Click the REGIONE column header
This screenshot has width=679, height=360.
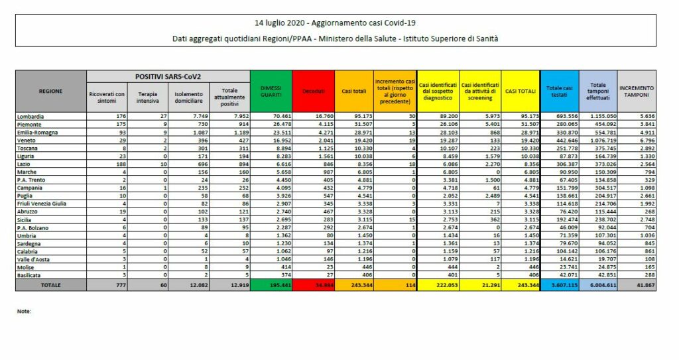(x=51, y=91)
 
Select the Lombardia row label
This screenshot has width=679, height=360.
(x=31, y=116)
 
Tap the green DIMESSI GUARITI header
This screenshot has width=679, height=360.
(x=271, y=91)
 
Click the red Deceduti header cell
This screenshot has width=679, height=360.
(x=312, y=91)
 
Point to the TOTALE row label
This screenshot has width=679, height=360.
(x=51, y=285)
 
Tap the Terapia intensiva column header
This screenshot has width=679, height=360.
(x=147, y=97)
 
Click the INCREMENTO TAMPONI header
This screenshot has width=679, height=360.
(x=636, y=91)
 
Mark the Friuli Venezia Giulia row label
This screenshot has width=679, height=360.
(x=42, y=203)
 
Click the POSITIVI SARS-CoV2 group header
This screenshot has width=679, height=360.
(x=168, y=76)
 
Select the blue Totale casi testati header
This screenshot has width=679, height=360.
(x=559, y=91)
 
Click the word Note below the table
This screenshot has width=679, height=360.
(x=24, y=311)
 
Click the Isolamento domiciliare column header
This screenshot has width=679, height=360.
(x=188, y=97)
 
